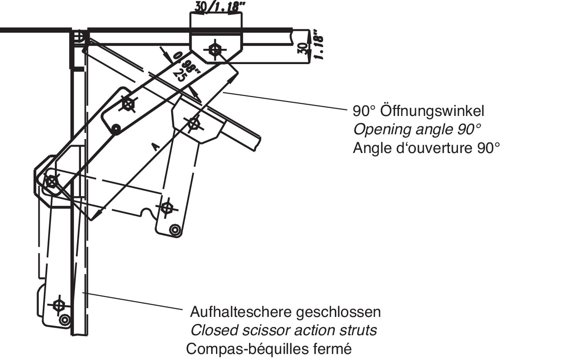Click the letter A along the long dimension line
click(x=155, y=147)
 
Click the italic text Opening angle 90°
click(x=417, y=129)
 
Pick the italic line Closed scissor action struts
click(x=283, y=330)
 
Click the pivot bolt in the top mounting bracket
click(x=215, y=49)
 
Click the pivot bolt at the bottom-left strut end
click(x=58, y=305)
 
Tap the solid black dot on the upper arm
click(x=116, y=129)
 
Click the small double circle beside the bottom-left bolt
click(x=65, y=320)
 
